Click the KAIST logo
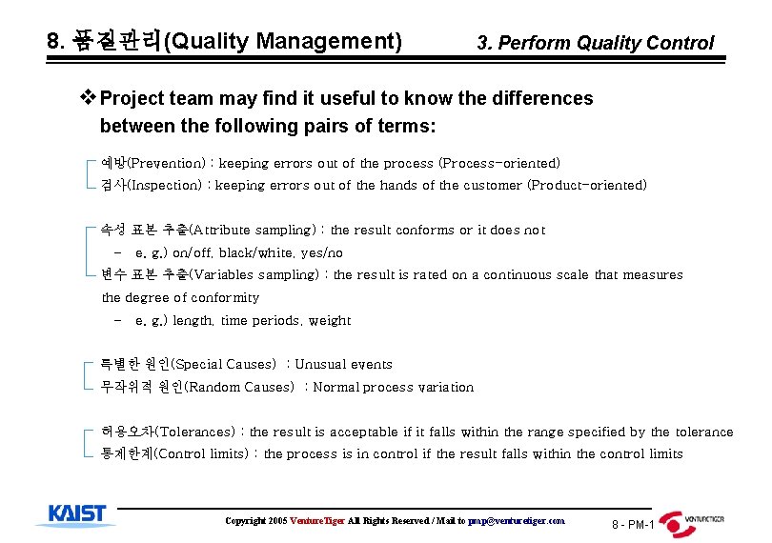tap(77, 515)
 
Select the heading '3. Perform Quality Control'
tap(595, 43)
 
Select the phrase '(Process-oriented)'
tap(499, 163)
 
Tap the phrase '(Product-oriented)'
tap(587, 185)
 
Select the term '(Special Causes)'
tap(234, 364)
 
